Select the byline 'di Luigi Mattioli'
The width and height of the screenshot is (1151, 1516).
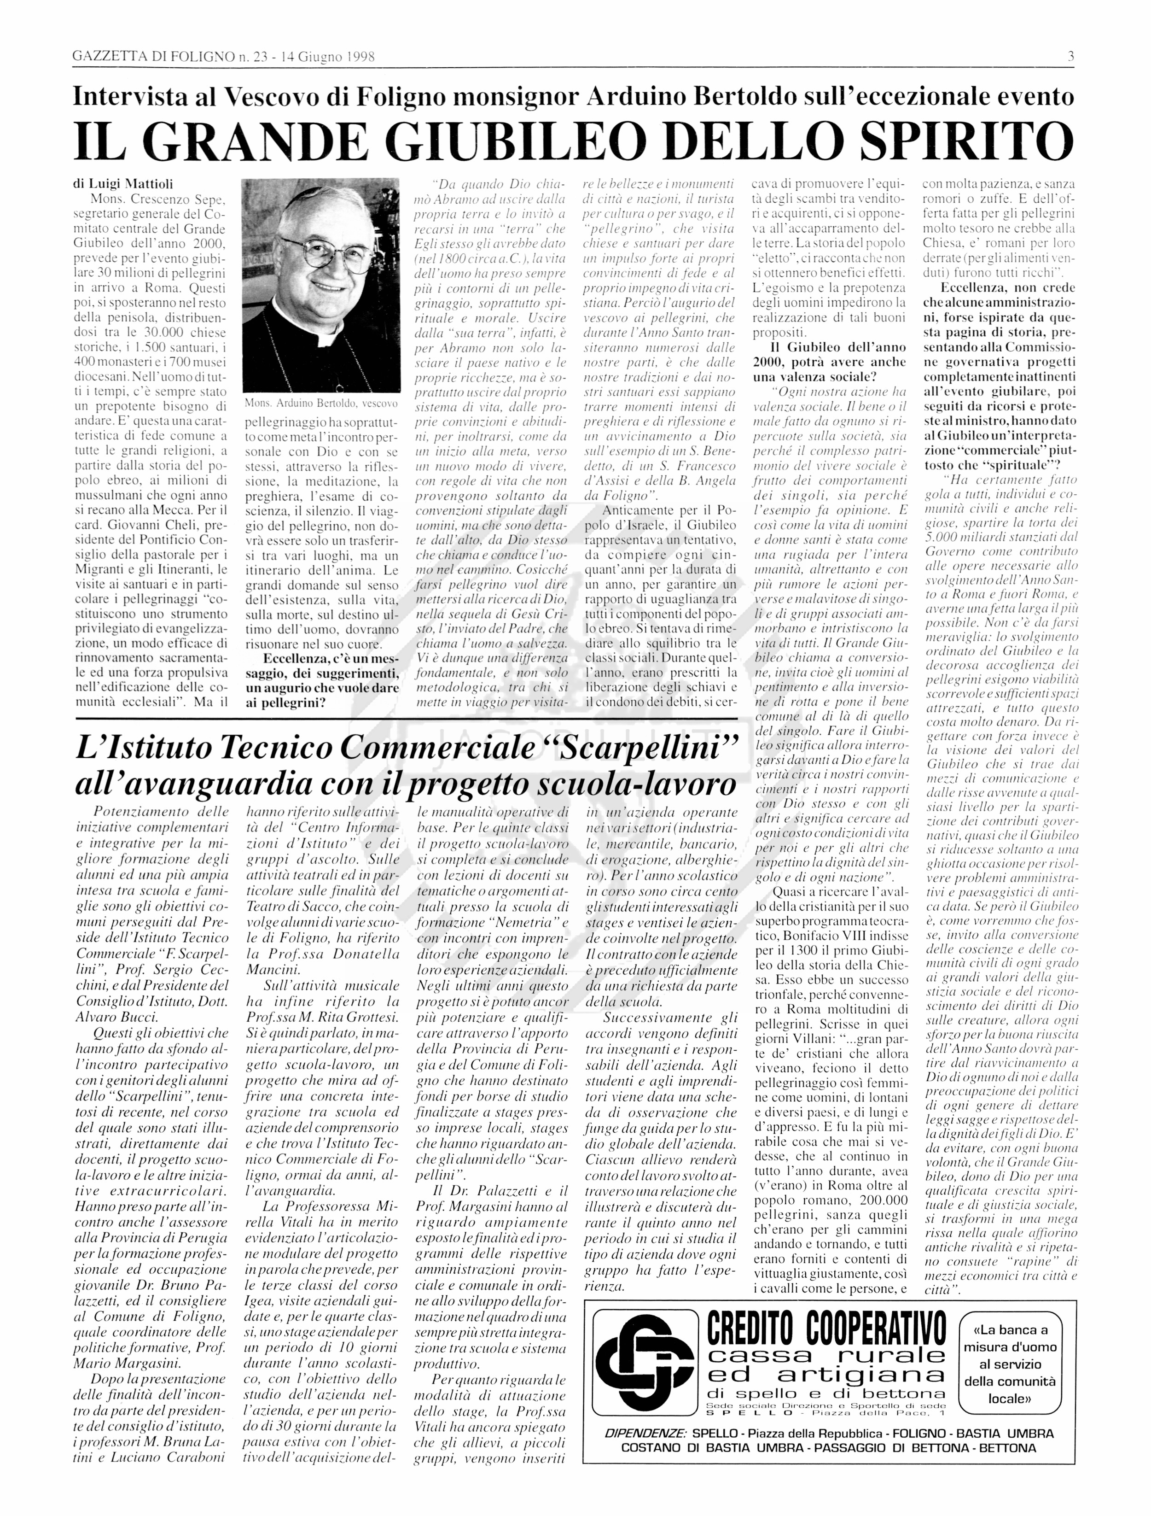pyautogui.click(x=123, y=184)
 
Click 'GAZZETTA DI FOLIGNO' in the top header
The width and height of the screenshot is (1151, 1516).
pyautogui.click(x=153, y=57)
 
